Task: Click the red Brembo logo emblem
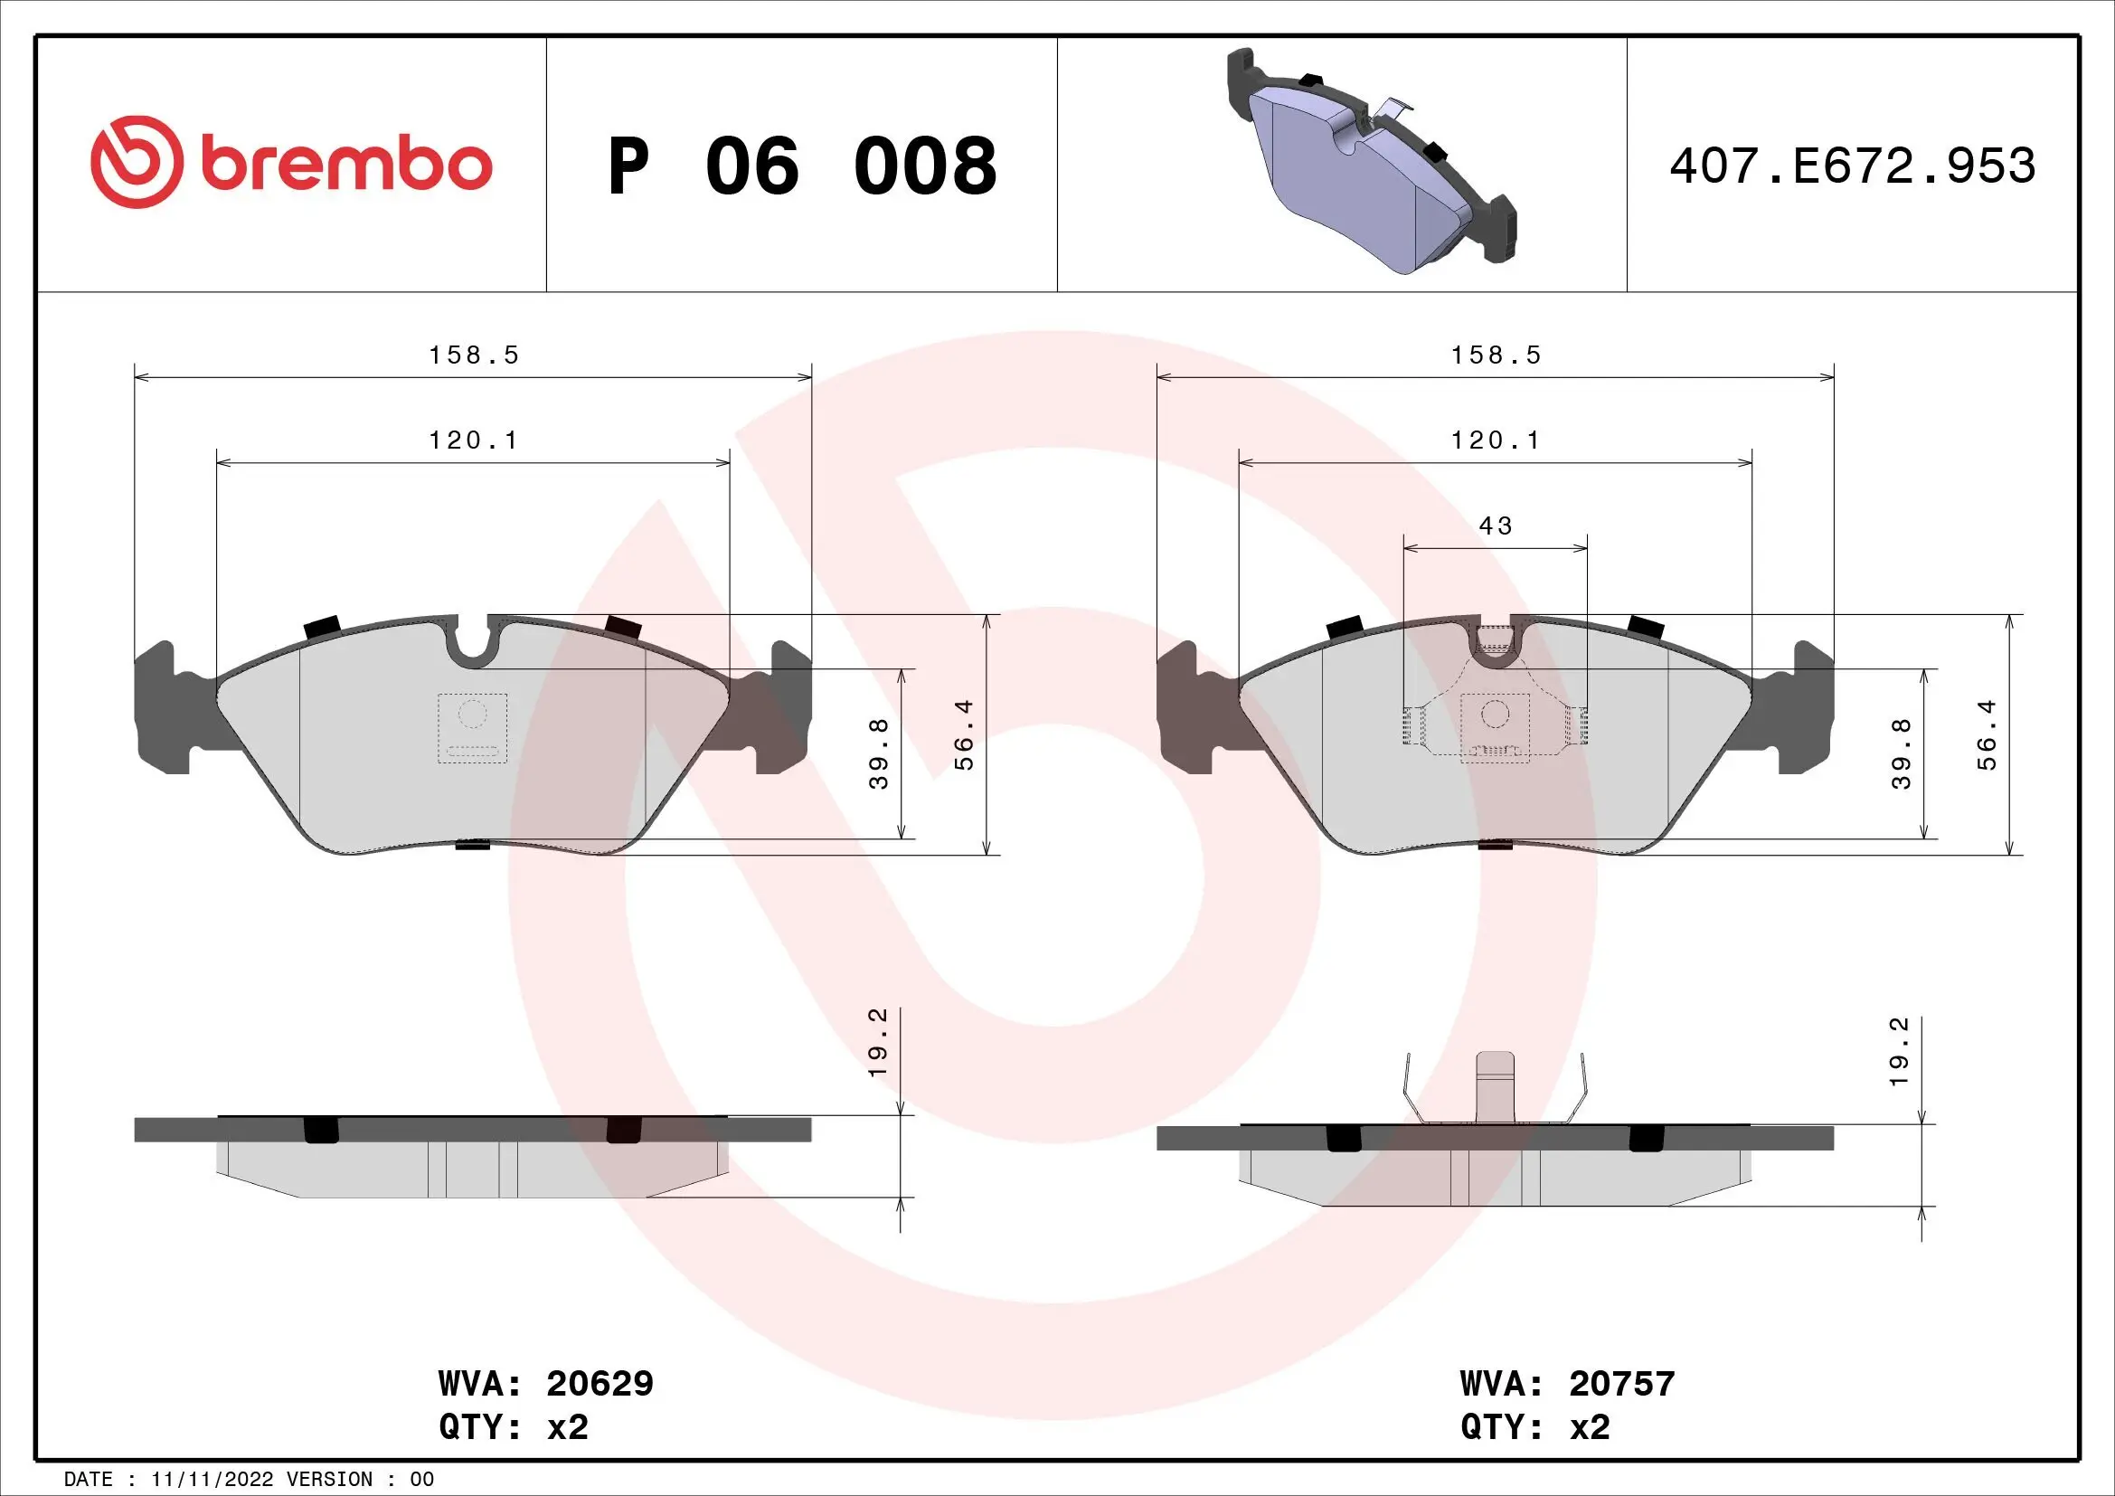(135, 162)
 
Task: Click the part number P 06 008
(801, 166)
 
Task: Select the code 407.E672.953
(1852, 166)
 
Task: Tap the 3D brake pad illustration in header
(1370, 161)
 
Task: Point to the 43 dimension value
(1495, 526)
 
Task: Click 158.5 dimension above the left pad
(474, 355)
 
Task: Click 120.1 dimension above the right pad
(1495, 440)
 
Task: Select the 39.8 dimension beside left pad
(880, 753)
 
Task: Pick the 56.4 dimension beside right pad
(1988, 735)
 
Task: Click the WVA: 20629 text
(545, 1383)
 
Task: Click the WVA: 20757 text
(1567, 1383)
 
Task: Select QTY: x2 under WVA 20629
(513, 1426)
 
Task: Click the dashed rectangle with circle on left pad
(473, 728)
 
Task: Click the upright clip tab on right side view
(1495, 1086)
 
